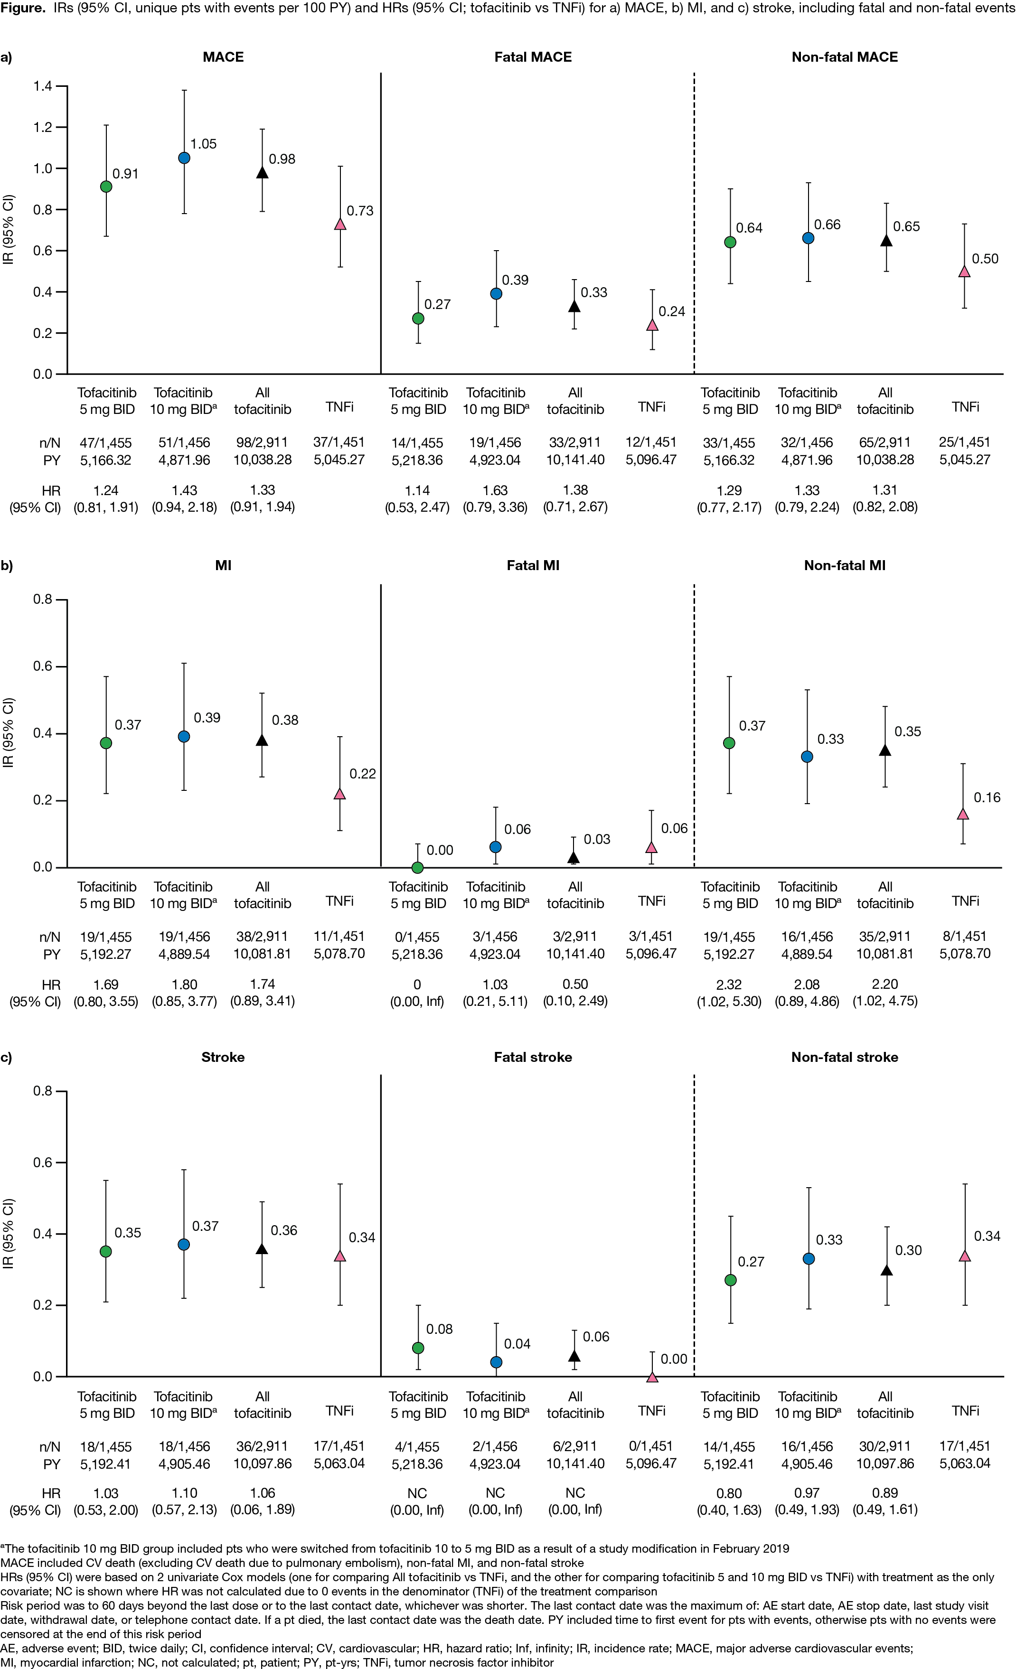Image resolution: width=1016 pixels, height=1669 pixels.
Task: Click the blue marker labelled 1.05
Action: coord(184,158)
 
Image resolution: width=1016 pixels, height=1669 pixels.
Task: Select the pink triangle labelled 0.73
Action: coord(340,224)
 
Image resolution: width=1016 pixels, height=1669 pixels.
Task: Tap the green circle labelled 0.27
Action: coord(418,319)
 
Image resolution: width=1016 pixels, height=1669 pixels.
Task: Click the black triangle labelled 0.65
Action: coord(885,241)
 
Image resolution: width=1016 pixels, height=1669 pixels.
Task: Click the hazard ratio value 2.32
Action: coord(729,984)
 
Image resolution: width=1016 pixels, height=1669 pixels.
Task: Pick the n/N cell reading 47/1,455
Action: coord(106,443)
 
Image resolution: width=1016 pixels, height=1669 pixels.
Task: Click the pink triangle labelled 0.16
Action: coord(962,814)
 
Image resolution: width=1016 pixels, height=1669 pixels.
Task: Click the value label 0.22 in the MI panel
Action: coord(362,774)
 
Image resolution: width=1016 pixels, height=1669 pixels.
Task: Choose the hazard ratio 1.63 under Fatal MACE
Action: coord(495,490)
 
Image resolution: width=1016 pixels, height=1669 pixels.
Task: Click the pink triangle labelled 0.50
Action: coord(964,272)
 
